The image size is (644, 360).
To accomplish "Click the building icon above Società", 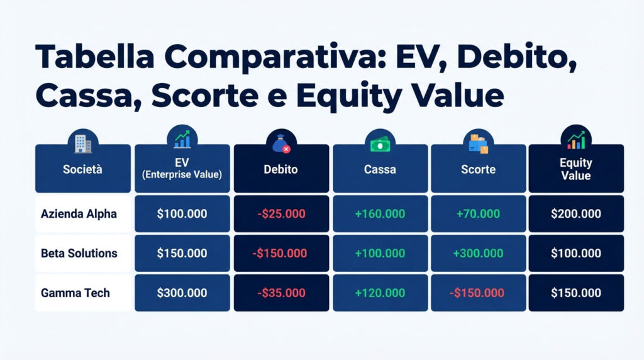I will pos(82,143).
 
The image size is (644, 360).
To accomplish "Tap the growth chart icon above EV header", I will pos(182,139).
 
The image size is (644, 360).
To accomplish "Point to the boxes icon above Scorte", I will pos(478,144).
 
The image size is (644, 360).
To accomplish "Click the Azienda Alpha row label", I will pos(79,214).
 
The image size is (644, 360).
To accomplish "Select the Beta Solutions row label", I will pos(79,253).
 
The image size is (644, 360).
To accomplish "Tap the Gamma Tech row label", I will pos(75,293).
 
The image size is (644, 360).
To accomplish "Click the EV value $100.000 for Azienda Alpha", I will pos(182,214).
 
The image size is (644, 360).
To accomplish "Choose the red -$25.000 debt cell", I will pos(281,214).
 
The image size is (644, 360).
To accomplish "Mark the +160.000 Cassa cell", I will pos(380,214).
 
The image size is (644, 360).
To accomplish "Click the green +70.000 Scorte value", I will pos(478,214).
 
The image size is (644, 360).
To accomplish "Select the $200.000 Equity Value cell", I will pos(575,214).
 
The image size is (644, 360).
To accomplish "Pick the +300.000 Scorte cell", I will pos(478,254).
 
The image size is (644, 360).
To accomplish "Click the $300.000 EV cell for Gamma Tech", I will pos(182,293).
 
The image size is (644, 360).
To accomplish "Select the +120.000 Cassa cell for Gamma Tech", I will pos(380,293).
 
